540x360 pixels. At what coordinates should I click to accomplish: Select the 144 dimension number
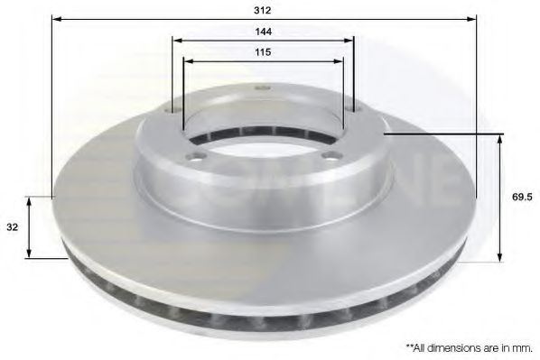pyautogui.click(x=263, y=31)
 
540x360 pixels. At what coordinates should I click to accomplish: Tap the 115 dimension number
pyautogui.click(x=263, y=52)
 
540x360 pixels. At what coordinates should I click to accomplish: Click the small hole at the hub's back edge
pyautogui.click(x=263, y=88)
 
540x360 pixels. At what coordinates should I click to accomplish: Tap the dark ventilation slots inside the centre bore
pyautogui.click(x=263, y=134)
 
